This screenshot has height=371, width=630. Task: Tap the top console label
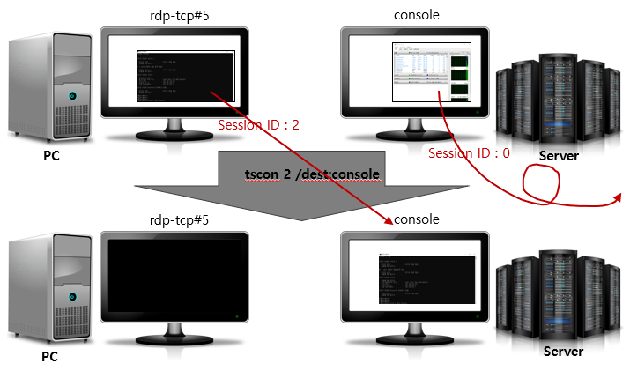(418, 14)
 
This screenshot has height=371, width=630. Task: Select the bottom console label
(418, 219)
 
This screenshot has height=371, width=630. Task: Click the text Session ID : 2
(258, 125)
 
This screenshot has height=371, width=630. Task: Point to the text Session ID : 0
(469, 153)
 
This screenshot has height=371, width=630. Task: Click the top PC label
(52, 156)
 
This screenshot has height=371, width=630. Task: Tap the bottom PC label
(52, 359)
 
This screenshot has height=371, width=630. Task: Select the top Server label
(560, 156)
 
